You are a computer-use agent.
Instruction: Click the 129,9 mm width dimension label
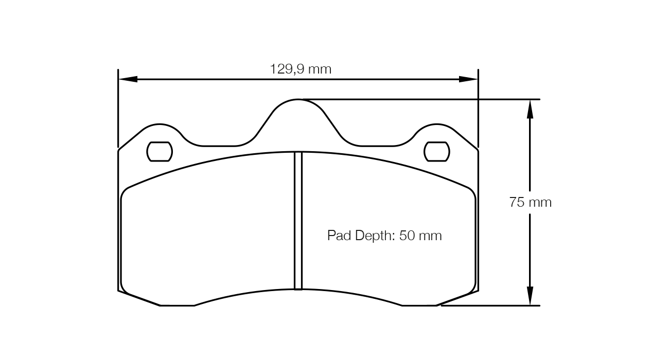point(301,69)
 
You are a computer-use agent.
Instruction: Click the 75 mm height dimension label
point(530,203)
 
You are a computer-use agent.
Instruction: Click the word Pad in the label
point(338,236)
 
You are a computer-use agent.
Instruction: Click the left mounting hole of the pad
point(160,151)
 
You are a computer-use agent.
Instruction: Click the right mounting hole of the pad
point(436,151)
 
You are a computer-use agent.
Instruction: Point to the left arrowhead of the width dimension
point(128,79)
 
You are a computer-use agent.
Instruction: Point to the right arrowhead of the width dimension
point(468,79)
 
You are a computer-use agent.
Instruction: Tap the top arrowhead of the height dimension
point(530,109)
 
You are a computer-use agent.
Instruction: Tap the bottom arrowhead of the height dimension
point(530,296)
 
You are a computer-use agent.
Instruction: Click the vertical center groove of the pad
point(298,221)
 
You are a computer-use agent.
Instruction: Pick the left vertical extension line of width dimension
point(118,108)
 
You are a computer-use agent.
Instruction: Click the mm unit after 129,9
point(320,69)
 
